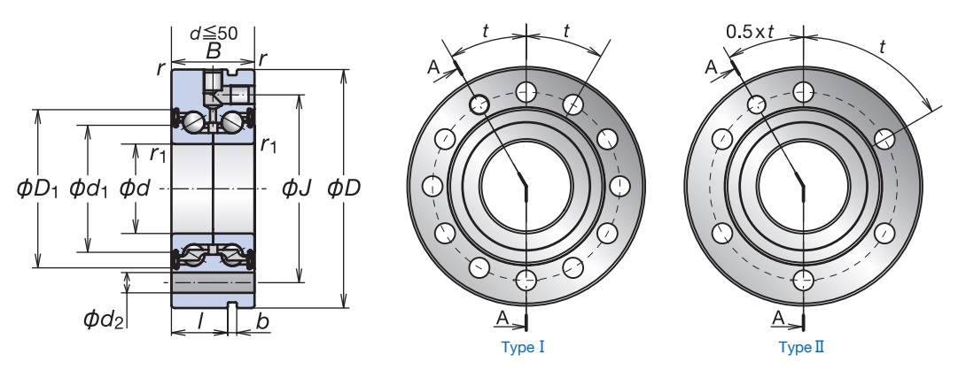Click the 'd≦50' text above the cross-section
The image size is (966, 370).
[x=214, y=34]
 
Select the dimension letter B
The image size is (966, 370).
[x=213, y=51]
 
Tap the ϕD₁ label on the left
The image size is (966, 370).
[x=37, y=188]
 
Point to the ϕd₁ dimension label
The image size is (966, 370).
[x=89, y=188]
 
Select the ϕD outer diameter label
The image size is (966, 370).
[x=344, y=188]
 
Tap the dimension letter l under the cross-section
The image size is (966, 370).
[x=200, y=320]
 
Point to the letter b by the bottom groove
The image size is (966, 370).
[x=263, y=321]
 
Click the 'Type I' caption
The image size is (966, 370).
[x=523, y=347]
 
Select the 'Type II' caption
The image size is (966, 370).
[x=801, y=347]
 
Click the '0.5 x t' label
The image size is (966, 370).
[x=749, y=31]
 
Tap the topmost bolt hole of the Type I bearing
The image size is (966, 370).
[x=526, y=92]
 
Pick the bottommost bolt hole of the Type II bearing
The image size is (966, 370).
[x=803, y=280]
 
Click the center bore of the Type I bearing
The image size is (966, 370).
[x=526, y=186]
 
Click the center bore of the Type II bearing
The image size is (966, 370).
[x=803, y=186]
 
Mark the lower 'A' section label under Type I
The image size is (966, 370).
[x=502, y=318]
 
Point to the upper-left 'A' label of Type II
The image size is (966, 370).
[x=712, y=66]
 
